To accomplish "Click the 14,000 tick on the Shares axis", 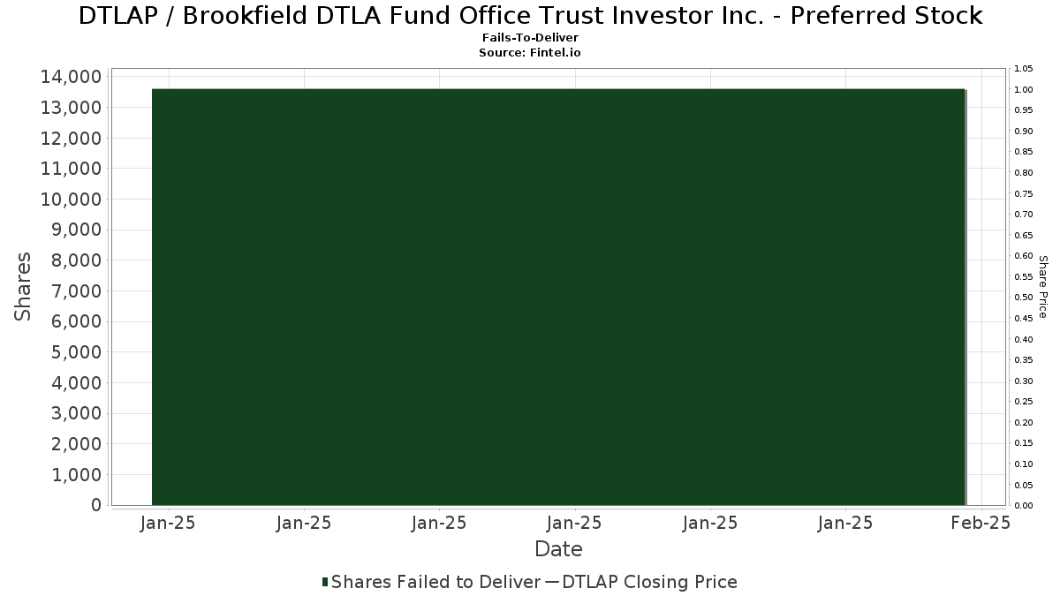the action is [71, 77].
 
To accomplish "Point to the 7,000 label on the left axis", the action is [76, 290].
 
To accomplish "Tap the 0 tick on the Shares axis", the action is [96, 505].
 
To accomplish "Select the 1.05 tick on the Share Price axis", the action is [1023, 69].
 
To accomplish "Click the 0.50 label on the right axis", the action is [1023, 297].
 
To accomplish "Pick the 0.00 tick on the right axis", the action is [1023, 505].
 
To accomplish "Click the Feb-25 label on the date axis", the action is [981, 523].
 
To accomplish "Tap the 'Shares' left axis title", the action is [22, 287].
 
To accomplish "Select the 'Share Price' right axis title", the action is [1042, 287].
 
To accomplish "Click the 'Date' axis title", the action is [558, 549].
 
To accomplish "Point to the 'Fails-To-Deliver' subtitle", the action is [530, 38].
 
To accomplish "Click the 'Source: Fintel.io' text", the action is [529, 52].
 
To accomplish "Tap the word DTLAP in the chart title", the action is [117, 16].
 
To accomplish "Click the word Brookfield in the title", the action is [246, 16].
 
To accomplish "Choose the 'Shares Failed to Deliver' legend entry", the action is [435, 582].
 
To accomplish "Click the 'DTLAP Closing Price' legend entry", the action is [649, 582].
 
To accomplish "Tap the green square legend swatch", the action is [325, 582].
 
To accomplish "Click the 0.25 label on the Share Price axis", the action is [1023, 402].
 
